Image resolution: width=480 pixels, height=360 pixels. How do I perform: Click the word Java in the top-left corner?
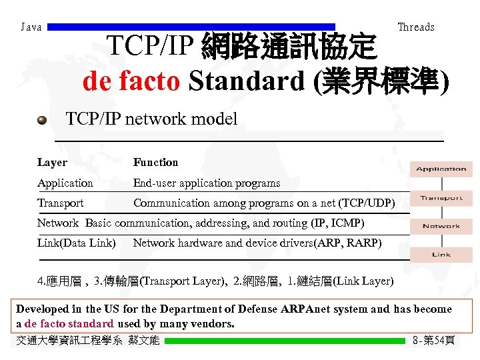point(31,27)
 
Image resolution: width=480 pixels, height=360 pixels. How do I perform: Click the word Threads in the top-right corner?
point(415,27)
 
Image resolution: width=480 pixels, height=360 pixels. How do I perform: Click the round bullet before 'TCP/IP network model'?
point(42,120)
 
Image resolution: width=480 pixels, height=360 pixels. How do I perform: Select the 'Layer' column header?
point(52,163)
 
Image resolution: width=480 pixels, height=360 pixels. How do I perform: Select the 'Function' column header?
point(155,163)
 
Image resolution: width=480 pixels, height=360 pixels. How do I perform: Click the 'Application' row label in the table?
point(65,183)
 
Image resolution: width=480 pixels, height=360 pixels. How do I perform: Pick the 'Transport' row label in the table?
point(61,203)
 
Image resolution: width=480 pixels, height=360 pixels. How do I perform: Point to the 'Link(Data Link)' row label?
point(76,243)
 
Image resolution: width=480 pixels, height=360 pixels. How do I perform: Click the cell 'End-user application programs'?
point(207,183)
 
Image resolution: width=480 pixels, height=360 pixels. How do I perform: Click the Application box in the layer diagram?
point(441,169)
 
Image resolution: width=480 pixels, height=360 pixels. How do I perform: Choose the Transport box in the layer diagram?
point(441,198)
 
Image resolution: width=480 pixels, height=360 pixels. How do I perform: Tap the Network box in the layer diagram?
point(441,226)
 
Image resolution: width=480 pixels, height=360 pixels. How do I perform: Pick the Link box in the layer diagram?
point(441,255)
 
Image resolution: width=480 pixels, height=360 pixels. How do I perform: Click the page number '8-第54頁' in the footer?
point(434,341)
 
